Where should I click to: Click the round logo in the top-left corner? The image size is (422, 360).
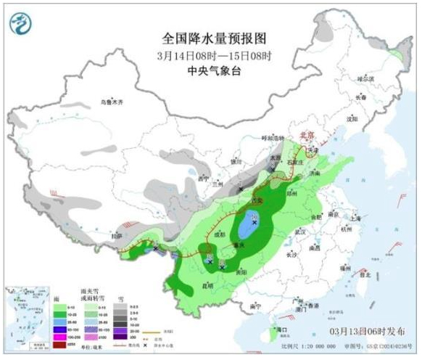[x=21, y=24]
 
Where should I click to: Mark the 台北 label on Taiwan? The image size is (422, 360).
[x=365, y=276]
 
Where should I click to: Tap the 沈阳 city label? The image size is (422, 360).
[x=353, y=118]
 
